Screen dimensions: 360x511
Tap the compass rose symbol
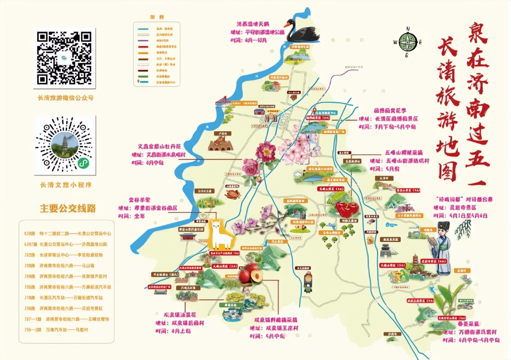[x=407, y=42]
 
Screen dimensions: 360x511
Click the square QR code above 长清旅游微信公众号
[x=64, y=57]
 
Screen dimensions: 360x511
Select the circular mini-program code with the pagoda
[x=65, y=145]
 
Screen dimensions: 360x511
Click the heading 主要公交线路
[x=68, y=208]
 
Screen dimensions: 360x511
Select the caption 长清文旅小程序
[x=66, y=185]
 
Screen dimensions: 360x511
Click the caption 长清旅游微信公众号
[x=66, y=98]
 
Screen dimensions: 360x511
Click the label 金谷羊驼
[x=139, y=200]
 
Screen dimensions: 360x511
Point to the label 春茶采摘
[x=468, y=323]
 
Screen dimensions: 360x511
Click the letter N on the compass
[x=408, y=29]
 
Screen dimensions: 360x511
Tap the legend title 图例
[x=157, y=17]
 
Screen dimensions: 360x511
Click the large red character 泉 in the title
[x=477, y=33]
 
